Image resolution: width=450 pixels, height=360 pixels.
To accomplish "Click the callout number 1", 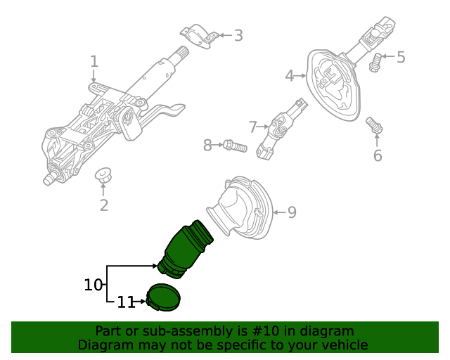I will [94, 62].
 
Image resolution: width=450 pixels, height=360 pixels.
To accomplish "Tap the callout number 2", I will [104, 205].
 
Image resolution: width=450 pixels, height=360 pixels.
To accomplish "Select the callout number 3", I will [238, 35].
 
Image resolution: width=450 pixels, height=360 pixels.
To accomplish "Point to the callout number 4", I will [290, 75].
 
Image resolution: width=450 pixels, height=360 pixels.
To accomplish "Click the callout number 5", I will [401, 57].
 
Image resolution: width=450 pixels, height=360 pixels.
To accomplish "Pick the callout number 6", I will [378, 155].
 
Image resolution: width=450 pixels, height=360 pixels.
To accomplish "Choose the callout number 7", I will [253, 127].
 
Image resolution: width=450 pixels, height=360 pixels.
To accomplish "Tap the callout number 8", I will [207, 146].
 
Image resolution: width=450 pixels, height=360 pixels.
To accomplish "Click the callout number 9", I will [292, 212].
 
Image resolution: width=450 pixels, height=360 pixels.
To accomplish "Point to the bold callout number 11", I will [126, 302].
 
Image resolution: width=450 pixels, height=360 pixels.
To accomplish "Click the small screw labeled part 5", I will [375, 63].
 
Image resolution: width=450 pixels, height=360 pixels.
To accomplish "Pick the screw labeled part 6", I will [375, 126].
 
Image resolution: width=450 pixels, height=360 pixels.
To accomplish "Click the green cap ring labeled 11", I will [164, 297].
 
